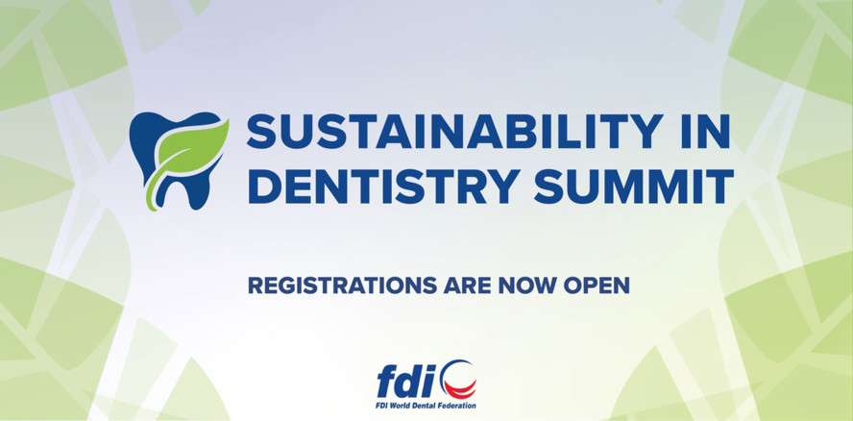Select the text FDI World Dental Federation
click(x=426, y=406)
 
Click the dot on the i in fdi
click(x=436, y=367)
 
